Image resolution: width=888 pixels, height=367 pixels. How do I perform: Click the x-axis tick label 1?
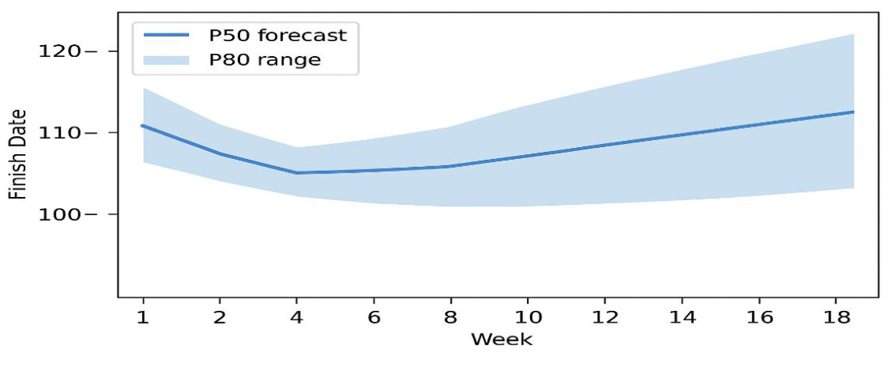pyautogui.click(x=143, y=317)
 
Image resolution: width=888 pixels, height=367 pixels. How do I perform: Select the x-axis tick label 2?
pyautogui.click(x=220, y=317)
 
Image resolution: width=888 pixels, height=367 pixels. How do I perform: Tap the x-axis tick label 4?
pyautogui.click(x=297, y=317)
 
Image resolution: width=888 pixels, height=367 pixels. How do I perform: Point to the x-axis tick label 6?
pyautogui.click(x=374, y=317)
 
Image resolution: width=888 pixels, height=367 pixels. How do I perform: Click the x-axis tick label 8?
pyautogui.click(x=450, y=317)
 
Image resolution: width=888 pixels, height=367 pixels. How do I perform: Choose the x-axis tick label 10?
pyautogui.click(x=528, y=317)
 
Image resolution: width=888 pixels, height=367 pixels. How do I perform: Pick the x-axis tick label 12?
pyautogui.click(x=604, y=317)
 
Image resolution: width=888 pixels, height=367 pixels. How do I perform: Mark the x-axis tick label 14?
pyautogui.click(x=682, y=317)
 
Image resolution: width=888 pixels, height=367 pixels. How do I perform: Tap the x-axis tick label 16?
pyautogui.click(x=758, y=317)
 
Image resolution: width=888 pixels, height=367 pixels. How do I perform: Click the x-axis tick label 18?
pyautogui.click(x=836, y=317)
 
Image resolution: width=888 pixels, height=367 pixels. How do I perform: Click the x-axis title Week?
pyautogui.click(x=501, y=340)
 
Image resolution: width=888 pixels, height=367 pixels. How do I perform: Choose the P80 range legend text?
pyautogui.click(x=263, y=59)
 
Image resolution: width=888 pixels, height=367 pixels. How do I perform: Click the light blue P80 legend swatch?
pyautogui.click(x=166, y=59)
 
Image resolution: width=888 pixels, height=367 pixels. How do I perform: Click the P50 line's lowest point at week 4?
pyautogui.click(x=297, y=172)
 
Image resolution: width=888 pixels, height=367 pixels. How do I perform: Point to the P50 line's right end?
pyautogui.click(x=853, y=112)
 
